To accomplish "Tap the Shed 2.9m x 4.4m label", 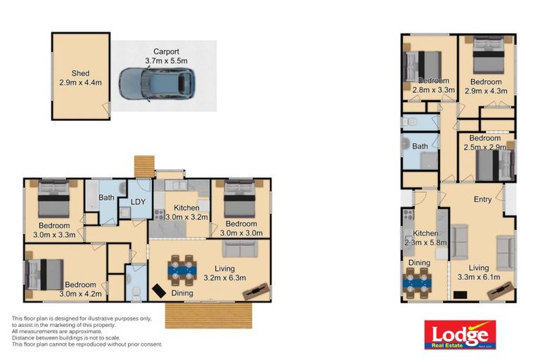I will [x=81, y=77].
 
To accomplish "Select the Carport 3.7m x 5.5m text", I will [x=162, y=56].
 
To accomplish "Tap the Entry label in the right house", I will [x=482, y=200].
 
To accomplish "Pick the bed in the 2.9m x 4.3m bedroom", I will [x=487, y=56].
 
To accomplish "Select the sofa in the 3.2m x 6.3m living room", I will [x=239, y=249].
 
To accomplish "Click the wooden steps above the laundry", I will [x=143, y=166].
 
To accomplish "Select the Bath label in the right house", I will [x=420, y=146].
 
